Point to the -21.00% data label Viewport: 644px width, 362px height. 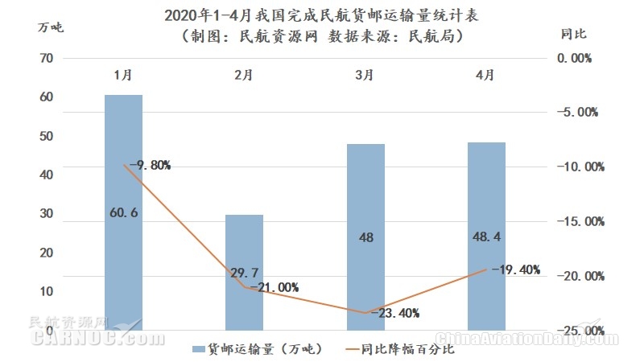coord(274,287)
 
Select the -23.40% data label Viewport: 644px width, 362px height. coord(394,313)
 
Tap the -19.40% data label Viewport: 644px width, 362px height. coord(515,269)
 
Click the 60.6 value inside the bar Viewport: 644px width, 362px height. coord(124,213)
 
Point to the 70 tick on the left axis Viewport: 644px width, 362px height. coord(46,58)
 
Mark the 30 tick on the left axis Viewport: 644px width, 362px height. coord(46,214)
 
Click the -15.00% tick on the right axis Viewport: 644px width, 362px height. coord(579,221)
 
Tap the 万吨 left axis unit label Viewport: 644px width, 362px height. coord(50,27)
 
